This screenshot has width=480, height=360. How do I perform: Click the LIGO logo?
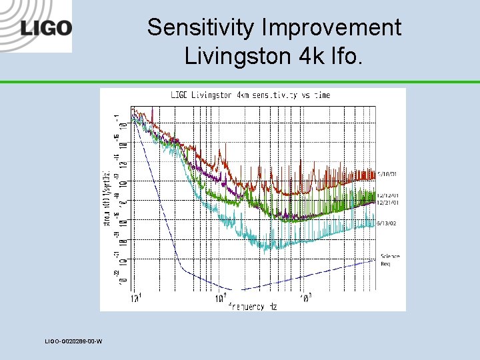(46, 28)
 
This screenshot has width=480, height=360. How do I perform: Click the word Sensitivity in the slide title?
(191, 28)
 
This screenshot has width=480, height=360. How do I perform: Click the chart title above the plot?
(250, 95)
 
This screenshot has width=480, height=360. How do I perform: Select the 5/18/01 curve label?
(388, 174)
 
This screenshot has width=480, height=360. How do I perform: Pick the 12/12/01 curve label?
(388, 195)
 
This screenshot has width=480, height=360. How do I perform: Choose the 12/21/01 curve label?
(388, 202)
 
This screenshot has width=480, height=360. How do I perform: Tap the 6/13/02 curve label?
(388, 223)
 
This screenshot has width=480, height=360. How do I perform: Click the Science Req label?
(390, 260)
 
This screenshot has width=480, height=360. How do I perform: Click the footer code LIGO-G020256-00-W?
(73, 342)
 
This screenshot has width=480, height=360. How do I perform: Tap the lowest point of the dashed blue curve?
(241, 289)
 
